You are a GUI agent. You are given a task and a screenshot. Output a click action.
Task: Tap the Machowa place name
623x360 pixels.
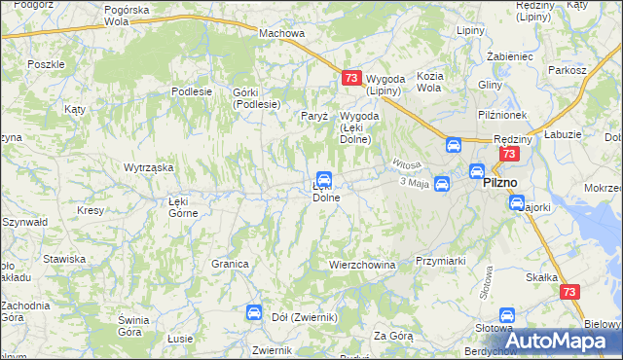[281, 33]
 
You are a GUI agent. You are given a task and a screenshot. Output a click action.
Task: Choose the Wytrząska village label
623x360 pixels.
[148, 167]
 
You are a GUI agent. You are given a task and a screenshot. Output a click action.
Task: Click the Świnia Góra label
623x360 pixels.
[132, 326]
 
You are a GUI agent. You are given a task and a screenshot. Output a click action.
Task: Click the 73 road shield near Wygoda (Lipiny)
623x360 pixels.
[352, 78]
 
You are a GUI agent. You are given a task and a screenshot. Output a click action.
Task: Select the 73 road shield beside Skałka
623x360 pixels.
[571, 291]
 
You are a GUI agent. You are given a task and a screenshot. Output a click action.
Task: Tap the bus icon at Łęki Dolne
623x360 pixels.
[325, 180]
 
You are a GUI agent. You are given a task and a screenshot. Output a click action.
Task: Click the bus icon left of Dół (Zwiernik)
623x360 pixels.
[253, 312]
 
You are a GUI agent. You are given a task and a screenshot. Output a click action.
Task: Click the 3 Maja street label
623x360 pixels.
[414, 183]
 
